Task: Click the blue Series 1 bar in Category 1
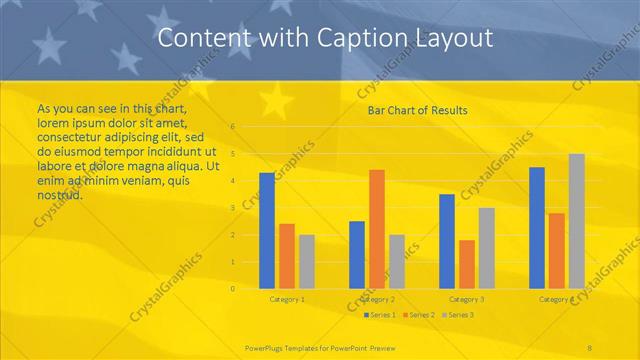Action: click(x=267, y=231)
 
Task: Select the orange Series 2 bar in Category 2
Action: click(x=376, y=229)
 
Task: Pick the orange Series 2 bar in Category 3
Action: click(x=466, y=264)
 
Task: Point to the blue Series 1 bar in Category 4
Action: click(x=537, y=228)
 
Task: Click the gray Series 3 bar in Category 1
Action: click(x=306, y=262)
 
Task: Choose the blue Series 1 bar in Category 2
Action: click(x=357, y=255)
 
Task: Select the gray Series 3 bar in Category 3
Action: click(x=486, y=248)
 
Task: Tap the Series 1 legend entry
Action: click(x=379, y=315)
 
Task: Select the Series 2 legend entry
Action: click(x=418, y=315)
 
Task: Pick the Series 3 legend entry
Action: click(x=457, y=315)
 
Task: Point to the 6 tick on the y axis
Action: click(x=232, y=127)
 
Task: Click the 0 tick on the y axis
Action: click(x=232, y=288)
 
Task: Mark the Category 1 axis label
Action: click(x=287, y=299)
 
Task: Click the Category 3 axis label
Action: click(x=466, y=299)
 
